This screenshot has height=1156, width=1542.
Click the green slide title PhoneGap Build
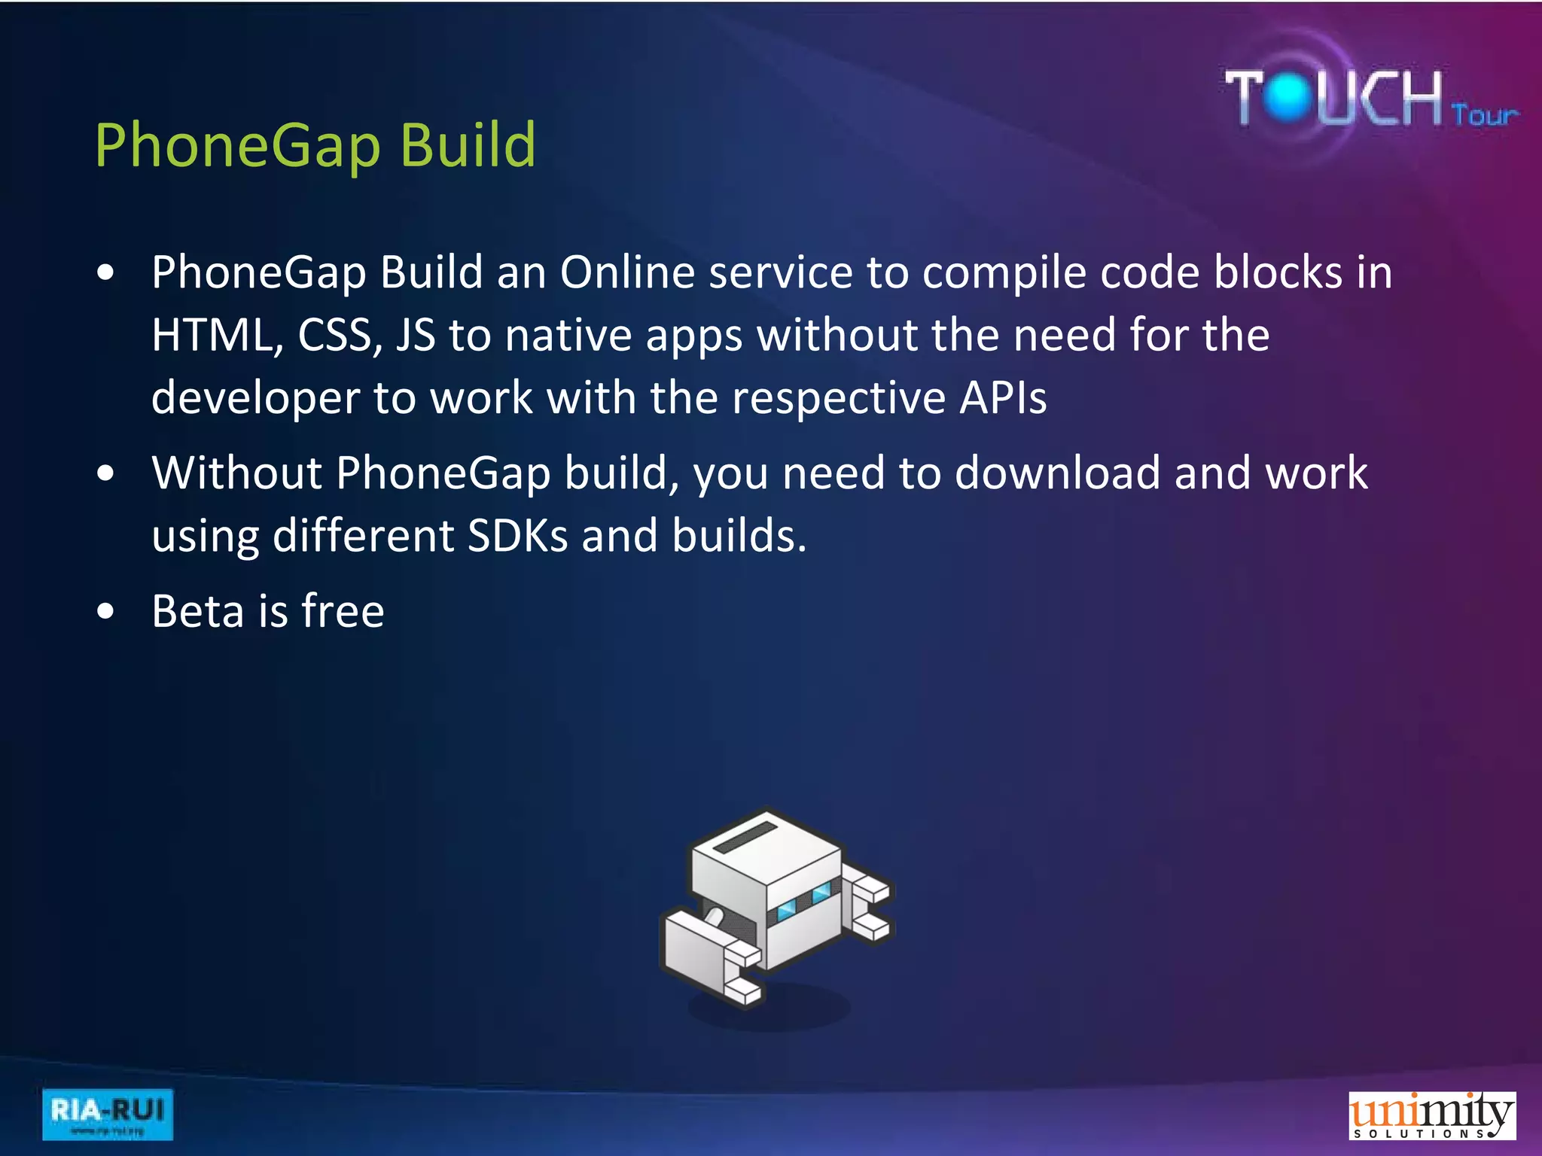point(315,144)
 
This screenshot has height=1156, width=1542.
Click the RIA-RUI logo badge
point(108,1114)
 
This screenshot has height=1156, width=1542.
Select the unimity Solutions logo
point(1431,1115)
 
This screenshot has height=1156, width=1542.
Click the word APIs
point(1002,398)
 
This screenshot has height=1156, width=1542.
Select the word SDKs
point(518,536)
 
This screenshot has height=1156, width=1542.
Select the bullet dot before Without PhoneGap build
point(106,474)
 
